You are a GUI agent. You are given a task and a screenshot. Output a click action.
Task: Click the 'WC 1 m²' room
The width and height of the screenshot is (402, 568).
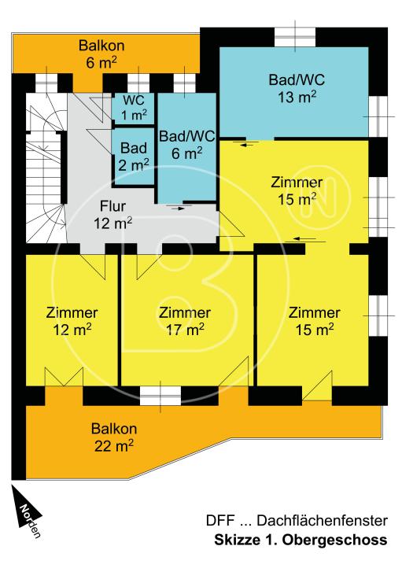pyautogui.click(x=132, y=108)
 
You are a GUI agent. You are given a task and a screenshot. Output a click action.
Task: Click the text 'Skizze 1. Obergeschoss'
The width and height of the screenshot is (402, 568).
pyautogui.click(x=301, y=541)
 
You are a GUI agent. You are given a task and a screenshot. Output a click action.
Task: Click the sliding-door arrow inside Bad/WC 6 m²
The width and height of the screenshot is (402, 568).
pyautogui.click(x=178, y=208)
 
